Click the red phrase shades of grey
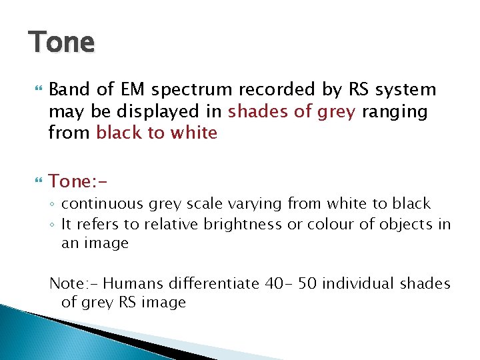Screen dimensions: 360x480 (x=292, y=111)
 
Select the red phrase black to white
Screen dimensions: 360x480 (x=157, y=133)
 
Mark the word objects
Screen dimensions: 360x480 (x=401, y=225)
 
